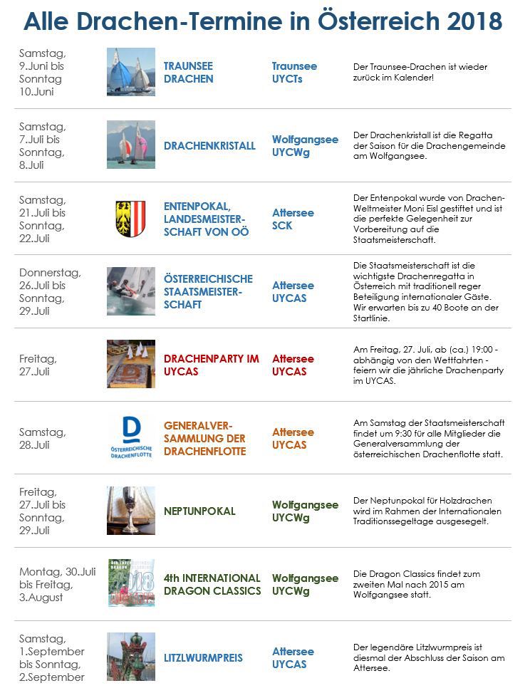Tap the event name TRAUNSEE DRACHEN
(x=189, y=72)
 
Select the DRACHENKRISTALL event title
(x=209, y=145)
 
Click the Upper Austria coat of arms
(x=130, y=219)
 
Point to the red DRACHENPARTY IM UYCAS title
(x=212, y=365)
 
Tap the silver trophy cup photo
(x=130, y=510)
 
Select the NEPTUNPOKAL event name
(x=199, y=511)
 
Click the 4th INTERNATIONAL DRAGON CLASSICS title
(x=212, y=584)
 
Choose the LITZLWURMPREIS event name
(x=203, y=657)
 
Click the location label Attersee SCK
(x=293, y=219)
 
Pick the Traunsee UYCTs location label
(x=294, y=72)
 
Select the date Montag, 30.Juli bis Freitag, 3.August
(x=57, y=584)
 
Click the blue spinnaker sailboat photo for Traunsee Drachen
(x=131, y=72)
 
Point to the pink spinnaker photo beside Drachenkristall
(x=131, y=145)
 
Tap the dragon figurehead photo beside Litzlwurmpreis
(x=131, y=657)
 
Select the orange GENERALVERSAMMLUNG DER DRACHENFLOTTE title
(x=204, y=438)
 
